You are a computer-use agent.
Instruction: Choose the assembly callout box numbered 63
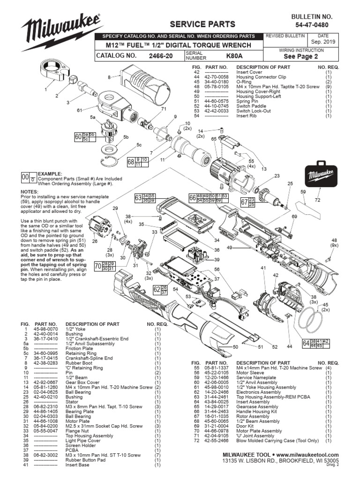click(144, 198)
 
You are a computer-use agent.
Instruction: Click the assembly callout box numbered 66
click(208, 198)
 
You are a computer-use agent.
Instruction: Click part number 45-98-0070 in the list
click(46, 329)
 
